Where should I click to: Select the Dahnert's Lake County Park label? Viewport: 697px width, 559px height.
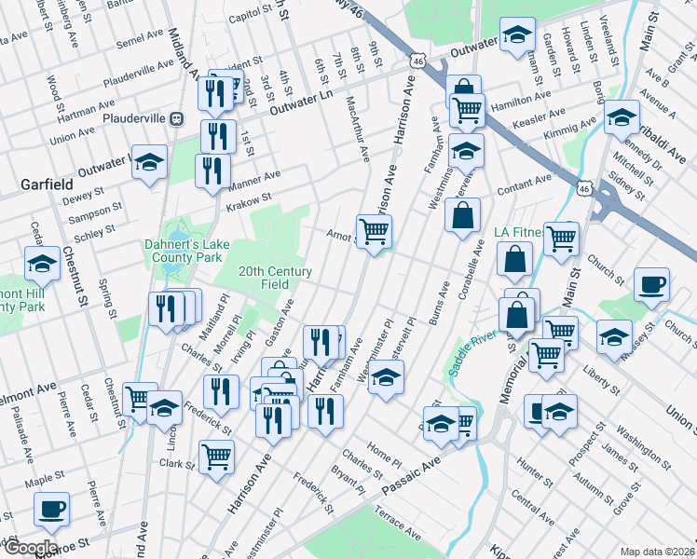pos(186,252)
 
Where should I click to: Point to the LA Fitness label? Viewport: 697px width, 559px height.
pos(517,231)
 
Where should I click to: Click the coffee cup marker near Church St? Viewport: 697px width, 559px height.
pos(651,283)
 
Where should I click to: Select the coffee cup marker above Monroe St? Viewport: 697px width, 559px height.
pos(51,509)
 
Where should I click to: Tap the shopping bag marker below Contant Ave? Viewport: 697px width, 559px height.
pos(463,216)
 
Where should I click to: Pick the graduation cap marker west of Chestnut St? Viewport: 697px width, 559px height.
pos(42,264)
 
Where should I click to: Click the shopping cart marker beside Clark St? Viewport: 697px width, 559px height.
pos(215,457)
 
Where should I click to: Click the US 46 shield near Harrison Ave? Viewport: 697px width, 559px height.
pos(417,61)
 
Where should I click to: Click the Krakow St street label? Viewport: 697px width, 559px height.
pos(253,198)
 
